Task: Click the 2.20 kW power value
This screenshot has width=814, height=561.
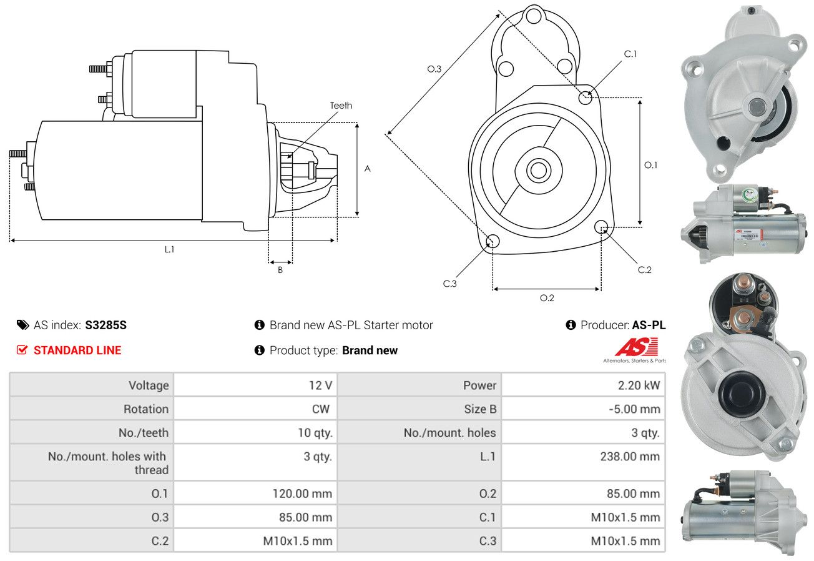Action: pos(635,385)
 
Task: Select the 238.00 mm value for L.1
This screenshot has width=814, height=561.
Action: pos(630,457)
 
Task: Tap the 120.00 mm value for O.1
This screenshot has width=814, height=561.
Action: pos(302,494)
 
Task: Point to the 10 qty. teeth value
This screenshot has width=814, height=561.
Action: pos(315,433)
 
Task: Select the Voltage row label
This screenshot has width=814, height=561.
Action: pos(149,385)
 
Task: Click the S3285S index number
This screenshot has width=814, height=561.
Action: pos(106,325)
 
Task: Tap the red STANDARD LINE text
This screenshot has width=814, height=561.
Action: pos(77,350)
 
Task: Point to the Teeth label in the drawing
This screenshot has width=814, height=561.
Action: pos(341,106)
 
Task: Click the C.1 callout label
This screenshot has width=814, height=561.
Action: pos(630,54)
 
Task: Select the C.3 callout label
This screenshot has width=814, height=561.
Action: pos(450,284)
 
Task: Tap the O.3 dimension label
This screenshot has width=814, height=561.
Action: pos(434,69)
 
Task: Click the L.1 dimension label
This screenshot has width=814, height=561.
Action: pos(169,249)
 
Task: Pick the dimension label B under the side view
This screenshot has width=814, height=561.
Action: pos(280,270)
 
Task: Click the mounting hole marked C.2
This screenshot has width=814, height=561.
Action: pos(602,226)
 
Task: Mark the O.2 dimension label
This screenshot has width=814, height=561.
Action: pos(547,298)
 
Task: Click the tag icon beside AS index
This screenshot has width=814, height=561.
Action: pos(22,325)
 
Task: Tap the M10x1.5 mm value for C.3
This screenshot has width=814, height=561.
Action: pos(625,541)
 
